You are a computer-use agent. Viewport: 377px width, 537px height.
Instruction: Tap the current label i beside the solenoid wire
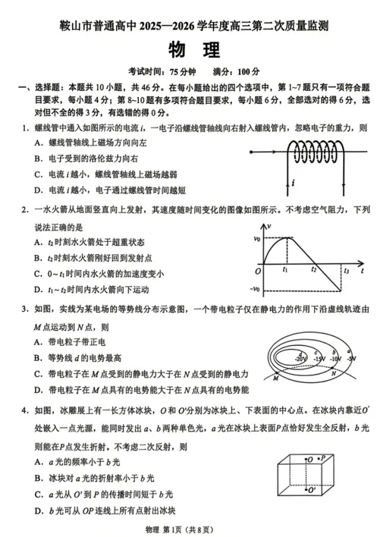292,183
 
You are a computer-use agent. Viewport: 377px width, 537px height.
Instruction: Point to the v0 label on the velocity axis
256,238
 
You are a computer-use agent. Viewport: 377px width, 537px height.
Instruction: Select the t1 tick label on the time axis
284,270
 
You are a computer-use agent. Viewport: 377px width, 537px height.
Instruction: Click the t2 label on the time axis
313,270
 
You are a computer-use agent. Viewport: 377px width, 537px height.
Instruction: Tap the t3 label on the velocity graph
347,271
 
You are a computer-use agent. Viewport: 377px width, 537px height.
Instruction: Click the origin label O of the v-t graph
258,271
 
